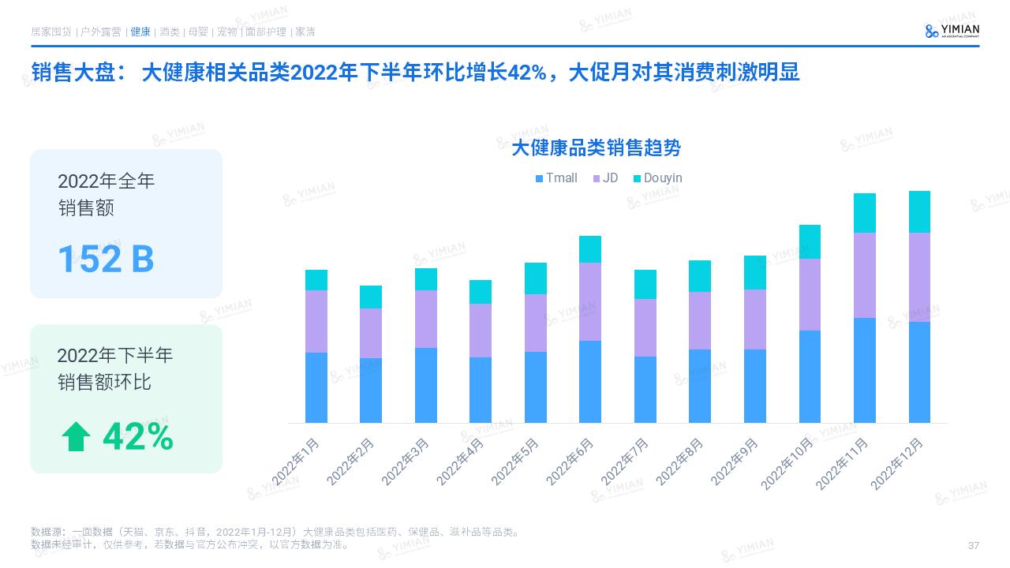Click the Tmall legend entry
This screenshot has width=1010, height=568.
pyautogui.click(x=556, y=178)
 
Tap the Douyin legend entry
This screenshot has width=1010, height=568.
pyautogui.click(x=657, y=178)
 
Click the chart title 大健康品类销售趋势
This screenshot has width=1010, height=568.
pyautogui.click(x=596, y=148)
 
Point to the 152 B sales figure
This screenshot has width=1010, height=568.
pyautogui.click(x=106, y=259)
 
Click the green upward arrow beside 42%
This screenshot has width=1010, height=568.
pyautogui.click(x=77, y=437)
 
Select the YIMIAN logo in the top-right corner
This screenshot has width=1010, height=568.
pyautogui.click(x=952, y=31)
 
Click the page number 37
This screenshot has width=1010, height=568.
pyautogui.click(x=973, y=546)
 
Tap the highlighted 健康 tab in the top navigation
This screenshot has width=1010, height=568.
pyautogui.click(x=140, y=32)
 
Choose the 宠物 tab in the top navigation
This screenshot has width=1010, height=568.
pyautogui.click(x=226, y=32)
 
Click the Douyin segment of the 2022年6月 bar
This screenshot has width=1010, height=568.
pyautogui.click(x=590, y=249)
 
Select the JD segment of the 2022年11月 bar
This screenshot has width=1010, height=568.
pyautogui.click(x=865, y=275)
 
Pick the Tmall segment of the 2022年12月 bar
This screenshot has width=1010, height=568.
pyautogui.click(x=919, y=372)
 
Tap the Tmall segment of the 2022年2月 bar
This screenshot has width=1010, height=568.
pyautogui.click(x=371, y=390)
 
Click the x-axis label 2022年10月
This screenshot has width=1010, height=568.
pyautogui.click(x=787, y=464)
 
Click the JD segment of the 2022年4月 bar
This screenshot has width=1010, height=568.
pyautogui.click(x=481, y=331)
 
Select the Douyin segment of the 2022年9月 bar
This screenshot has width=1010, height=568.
pyautogui.click(x=755, y=273)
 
